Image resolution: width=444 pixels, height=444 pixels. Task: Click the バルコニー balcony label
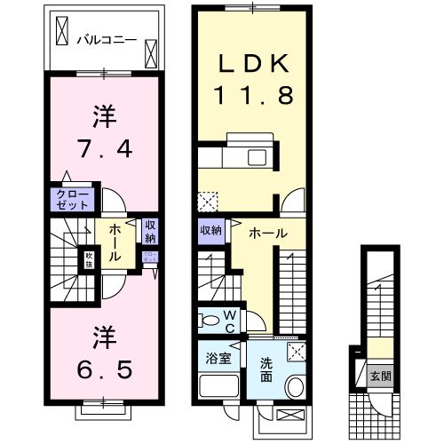[x=104, y=39]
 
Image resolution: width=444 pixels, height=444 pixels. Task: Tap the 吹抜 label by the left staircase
[x=89, y=260]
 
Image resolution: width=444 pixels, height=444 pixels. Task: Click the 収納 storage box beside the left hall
[x=150, y=231]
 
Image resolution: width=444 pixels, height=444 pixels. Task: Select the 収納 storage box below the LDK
[x=210, y=231]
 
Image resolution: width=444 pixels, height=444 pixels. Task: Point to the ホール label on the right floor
[x=267, y=232]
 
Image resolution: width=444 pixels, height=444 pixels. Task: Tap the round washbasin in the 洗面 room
[x=294, y=386]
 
